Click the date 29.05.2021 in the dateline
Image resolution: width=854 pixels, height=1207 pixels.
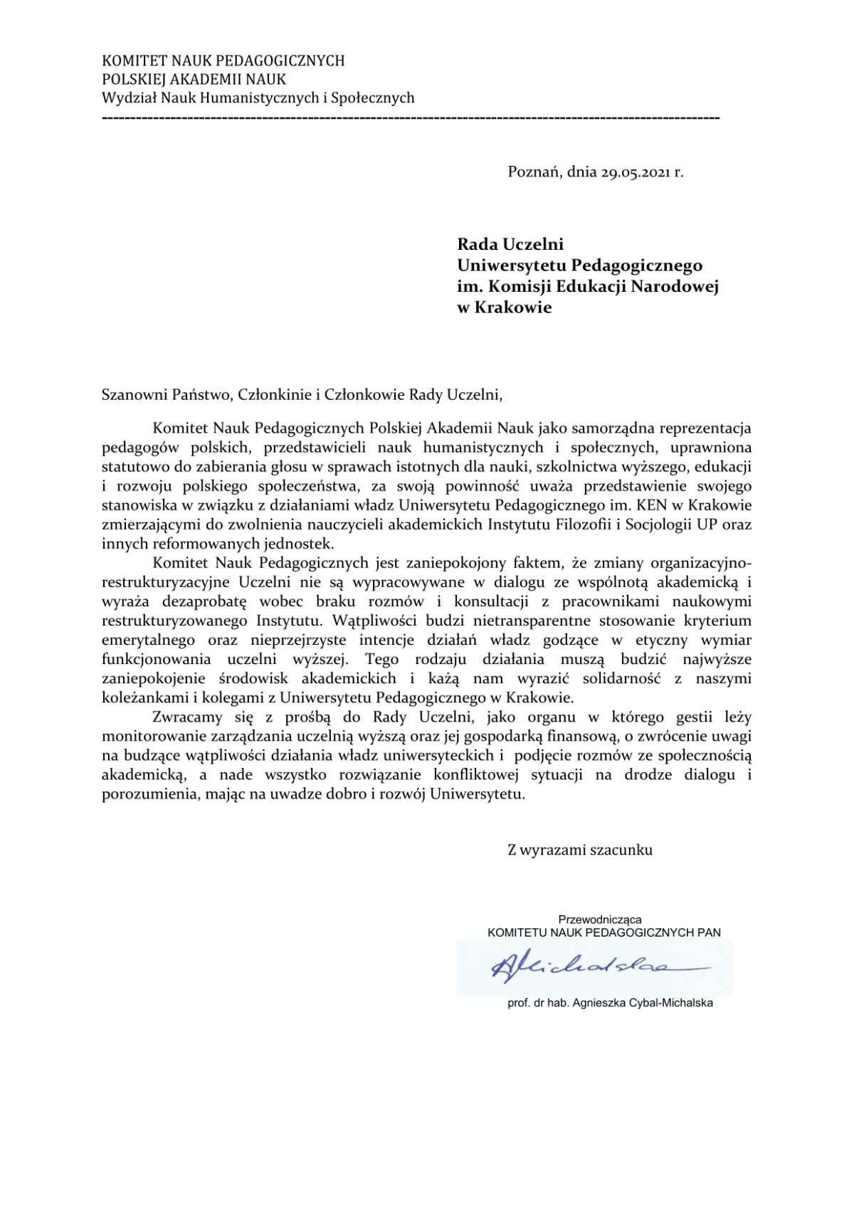636,172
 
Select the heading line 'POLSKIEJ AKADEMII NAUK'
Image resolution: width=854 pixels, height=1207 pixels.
194,80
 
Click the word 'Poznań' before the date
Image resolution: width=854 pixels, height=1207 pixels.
534,172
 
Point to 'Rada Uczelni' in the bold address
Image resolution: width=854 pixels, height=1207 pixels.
510,245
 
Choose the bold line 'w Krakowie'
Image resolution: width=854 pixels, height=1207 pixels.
504,308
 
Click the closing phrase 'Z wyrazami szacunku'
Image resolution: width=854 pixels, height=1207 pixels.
579,850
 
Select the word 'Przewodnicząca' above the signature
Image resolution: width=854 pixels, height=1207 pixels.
599,919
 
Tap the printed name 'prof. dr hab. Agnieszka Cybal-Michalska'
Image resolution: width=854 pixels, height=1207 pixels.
610,1003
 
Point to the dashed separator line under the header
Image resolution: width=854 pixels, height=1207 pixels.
411,117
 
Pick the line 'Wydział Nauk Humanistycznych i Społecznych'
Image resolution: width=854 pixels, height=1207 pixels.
258,98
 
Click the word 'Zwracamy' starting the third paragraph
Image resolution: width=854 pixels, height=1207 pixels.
187,717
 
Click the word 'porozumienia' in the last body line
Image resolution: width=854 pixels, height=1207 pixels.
150,794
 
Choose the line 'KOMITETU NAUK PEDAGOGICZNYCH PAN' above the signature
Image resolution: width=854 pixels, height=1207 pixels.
603,932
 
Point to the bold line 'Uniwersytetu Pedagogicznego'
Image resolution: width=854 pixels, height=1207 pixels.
579,266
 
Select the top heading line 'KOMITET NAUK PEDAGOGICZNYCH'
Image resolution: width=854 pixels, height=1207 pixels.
223,61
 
